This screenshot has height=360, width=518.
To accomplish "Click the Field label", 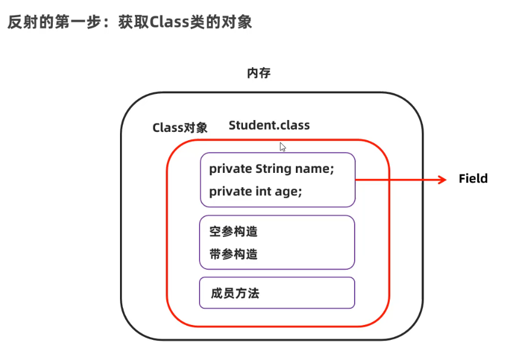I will (473, 179).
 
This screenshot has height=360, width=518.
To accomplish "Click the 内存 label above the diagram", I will (259, 73).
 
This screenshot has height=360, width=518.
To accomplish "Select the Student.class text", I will (269, 125).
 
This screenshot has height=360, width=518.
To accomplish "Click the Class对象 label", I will (180, 128).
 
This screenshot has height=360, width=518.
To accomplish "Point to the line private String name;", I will (271, 169).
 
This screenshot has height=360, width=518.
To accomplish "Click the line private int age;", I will (255, 191).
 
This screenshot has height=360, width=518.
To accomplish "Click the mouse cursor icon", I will (283, 147).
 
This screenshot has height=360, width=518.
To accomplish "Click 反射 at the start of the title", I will (19, 22).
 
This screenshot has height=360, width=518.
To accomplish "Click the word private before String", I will (230, 169).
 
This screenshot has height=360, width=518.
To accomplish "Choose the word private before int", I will (230, 191).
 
